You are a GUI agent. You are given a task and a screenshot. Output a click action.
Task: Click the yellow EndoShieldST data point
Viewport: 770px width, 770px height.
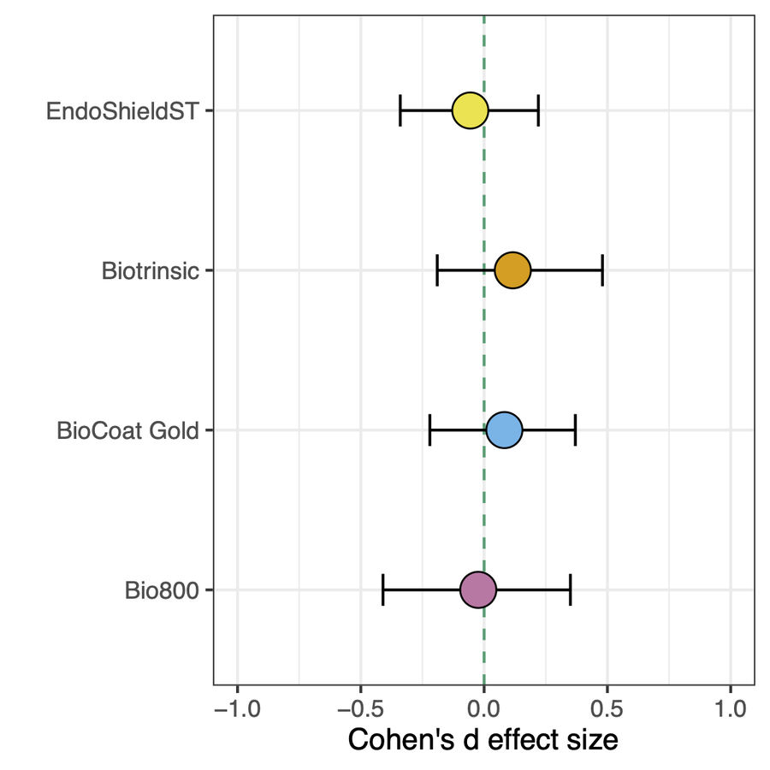click(470, 111)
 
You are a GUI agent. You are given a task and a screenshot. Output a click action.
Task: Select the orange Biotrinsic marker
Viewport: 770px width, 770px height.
click(512, 270)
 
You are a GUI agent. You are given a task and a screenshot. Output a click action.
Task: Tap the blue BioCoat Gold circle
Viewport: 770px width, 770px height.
click(504, 429)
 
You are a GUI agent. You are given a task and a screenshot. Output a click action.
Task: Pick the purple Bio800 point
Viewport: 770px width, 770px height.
click(477, 589)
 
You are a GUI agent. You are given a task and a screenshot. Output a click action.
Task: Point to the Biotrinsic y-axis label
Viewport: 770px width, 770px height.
click(150, 271)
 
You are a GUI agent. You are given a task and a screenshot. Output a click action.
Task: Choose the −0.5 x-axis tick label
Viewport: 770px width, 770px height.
click(360, 708)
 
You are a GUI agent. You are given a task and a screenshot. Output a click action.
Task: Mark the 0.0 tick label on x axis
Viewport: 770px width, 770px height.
click(484, 708)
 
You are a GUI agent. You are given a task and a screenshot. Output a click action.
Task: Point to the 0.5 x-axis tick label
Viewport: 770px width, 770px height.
click(607, 708)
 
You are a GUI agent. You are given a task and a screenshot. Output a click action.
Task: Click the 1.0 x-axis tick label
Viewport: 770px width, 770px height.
click(730, 708)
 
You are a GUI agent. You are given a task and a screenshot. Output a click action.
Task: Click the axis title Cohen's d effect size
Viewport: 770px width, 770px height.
click(483, 739)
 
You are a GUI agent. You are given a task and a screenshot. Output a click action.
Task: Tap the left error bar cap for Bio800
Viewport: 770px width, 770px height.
click(382, 589)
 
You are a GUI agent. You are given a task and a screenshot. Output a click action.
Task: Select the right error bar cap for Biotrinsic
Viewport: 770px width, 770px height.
click(602, 270)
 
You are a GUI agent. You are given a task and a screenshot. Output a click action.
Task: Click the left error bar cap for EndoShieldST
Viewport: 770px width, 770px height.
click(400, 111)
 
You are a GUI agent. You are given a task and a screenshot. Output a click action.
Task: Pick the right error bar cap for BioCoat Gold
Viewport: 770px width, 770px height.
click(575, 429)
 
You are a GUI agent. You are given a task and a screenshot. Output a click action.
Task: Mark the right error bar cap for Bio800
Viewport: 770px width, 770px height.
click(570, 589)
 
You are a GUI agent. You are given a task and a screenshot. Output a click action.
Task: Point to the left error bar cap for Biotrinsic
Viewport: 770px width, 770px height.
click(437, 270)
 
